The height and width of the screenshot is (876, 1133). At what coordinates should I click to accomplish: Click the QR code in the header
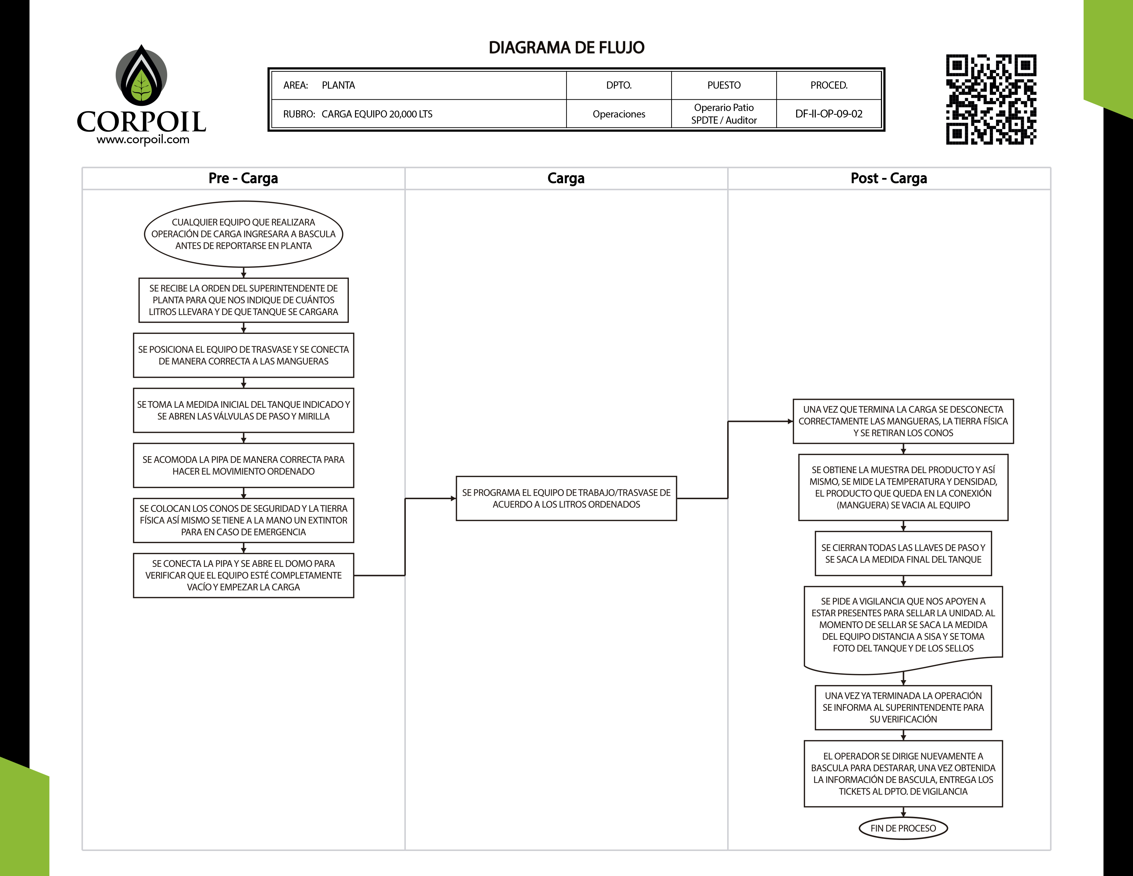point(991,99)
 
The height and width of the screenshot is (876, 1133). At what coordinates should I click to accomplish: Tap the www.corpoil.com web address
point(143,139)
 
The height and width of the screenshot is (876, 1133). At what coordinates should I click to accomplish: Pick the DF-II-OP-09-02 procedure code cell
point(828,114)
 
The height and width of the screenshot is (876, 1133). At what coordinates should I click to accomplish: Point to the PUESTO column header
point(724,85)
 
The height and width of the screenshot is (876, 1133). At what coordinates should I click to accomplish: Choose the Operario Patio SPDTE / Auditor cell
point(724,114)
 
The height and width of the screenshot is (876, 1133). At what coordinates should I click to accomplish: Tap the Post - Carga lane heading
point(888,178)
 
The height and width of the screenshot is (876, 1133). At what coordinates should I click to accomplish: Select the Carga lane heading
point(565,178)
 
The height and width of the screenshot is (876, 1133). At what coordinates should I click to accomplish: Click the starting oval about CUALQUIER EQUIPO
point(243,234)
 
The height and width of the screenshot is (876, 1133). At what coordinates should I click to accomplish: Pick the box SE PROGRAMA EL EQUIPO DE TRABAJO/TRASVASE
point(566,498)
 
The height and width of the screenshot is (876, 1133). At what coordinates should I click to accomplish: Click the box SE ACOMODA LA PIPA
point(243,465)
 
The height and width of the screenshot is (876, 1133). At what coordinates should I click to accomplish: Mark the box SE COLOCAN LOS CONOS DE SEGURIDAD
point(243,520)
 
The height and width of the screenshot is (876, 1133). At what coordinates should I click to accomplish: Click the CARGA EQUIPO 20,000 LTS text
point(377,114)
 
